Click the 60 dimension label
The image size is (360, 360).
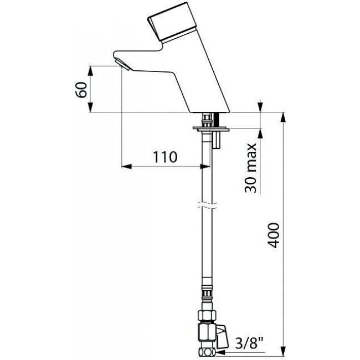point(81,90)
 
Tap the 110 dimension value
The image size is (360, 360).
point(165,157)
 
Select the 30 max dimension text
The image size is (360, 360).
point(250,168)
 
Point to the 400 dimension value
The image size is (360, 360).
point(274,235)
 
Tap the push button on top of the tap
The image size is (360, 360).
point(172,23)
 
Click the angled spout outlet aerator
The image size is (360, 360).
point(122,64)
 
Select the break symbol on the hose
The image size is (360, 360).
point(207,205)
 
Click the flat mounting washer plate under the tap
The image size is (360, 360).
point(211,129)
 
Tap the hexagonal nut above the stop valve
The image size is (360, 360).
point(207,315)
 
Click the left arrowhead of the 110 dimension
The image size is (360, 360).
point(126,167)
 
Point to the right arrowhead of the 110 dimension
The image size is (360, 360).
point(205,167)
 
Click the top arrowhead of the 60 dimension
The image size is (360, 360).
point(91,71)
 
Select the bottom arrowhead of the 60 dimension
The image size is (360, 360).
point(91,107)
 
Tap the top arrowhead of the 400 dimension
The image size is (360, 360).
point(284,117)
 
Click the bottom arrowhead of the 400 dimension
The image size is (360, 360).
point(284,351)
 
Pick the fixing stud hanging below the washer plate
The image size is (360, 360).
point(217,140)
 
